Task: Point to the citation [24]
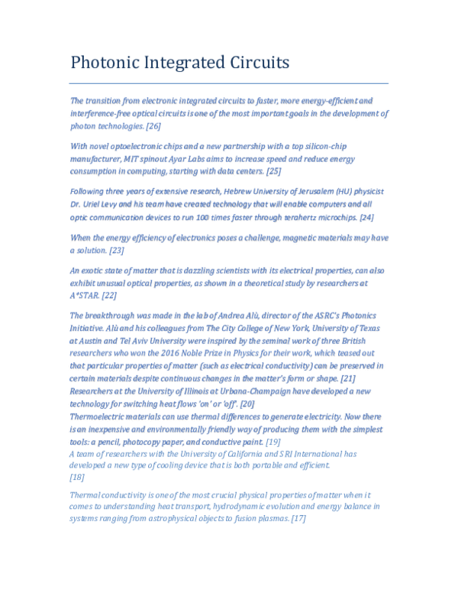point(366,217)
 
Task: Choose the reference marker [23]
point(116,250)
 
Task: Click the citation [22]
point(109,295)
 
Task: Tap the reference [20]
point(247,403)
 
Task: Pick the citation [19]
point(273,442)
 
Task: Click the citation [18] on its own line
point(77,477)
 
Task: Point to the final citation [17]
point(298,518)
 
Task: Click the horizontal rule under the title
point(229,83)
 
